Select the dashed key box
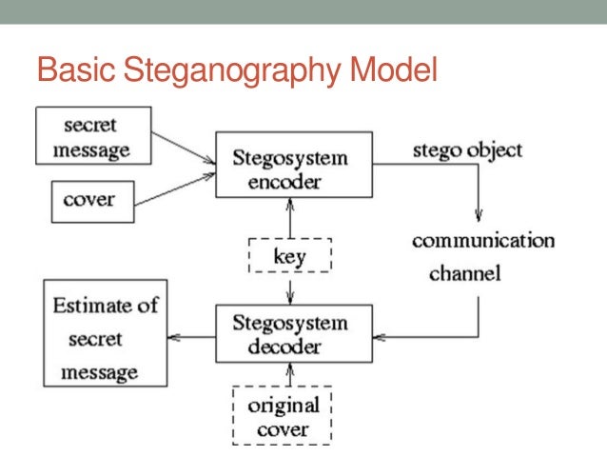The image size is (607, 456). [289, 255]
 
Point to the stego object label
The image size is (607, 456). [466, 150]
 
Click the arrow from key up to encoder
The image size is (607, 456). [289, 218]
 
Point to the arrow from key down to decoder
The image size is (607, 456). [289, 289]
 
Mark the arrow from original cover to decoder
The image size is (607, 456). [289, 374]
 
